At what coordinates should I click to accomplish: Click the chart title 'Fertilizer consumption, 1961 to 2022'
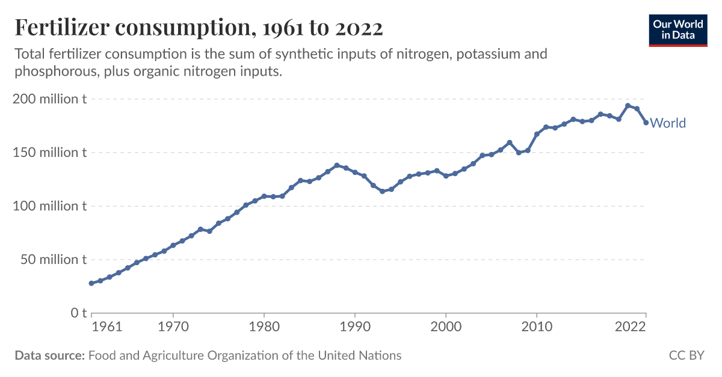click(199, 28)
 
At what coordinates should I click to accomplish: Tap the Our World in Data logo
click(677, 29)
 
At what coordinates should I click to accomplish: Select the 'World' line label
click(668, 123)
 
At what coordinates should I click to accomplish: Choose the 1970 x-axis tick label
click(173, 328)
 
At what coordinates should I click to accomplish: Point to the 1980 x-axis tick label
click(264, 328)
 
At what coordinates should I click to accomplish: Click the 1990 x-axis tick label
click(355, 328)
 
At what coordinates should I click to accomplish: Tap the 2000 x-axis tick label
click(446, 328)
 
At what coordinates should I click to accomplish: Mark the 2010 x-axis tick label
click(537, 328)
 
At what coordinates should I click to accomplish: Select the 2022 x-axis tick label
click(631, 328)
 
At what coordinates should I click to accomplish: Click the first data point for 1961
click(91, 283)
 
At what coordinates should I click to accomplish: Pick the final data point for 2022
click(646, 123)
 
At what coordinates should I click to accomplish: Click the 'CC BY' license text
click(686, 355)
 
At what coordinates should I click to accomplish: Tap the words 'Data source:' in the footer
click(49, 355)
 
